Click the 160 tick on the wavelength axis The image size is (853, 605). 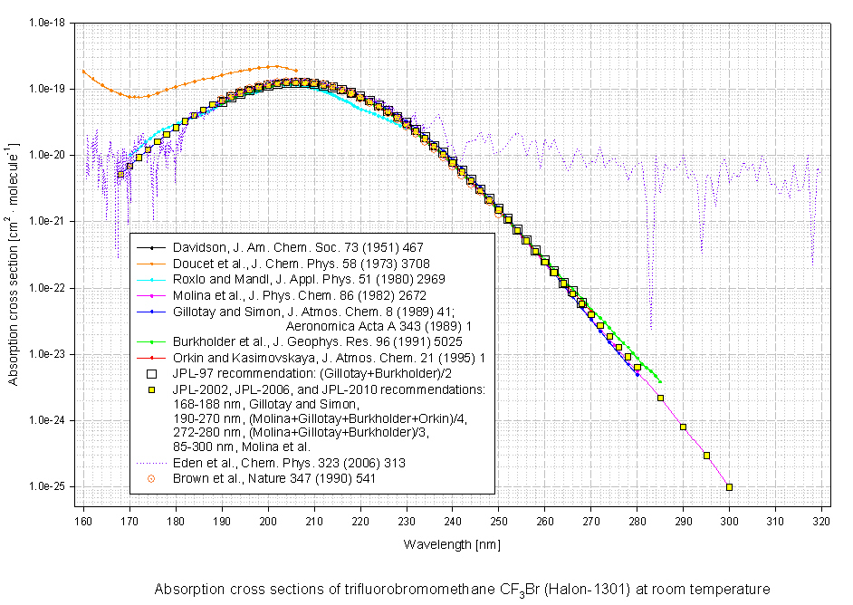pyautogui.click(x=83, y=523)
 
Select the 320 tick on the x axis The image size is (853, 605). pyautogui.click(x=821, y=523)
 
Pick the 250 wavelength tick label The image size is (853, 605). pyautogui.click(x=498, y=523)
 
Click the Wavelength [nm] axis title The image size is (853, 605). pyautogui.click(x=452, y=544)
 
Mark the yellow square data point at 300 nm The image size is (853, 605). pyautogui.click(x=729, y=487)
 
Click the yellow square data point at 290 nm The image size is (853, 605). pyautogui.click(x=683, y=427)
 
